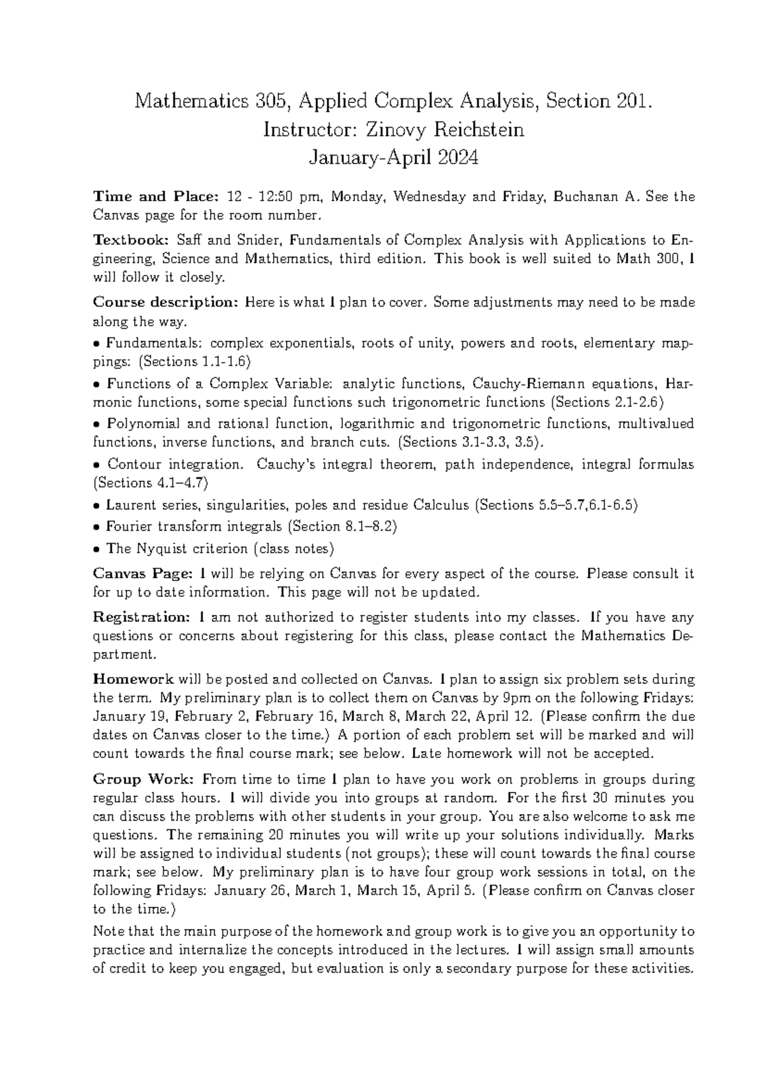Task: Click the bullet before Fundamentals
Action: tap(96, 344)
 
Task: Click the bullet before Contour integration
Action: tap(96, 465)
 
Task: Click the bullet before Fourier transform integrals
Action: tap(96, 527)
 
